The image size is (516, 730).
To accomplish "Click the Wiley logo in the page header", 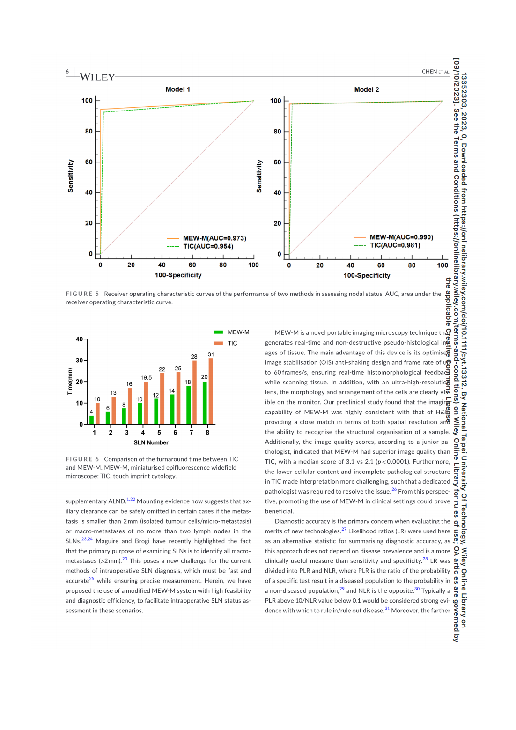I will pos(97,77).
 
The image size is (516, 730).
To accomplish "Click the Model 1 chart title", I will pos(177,89).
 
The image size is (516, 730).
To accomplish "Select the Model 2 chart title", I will pos(367,89).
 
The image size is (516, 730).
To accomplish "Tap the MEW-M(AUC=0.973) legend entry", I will pos(214,238).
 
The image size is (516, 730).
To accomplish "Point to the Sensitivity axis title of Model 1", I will pos(71,176).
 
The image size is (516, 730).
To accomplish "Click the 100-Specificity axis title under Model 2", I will pos(367,275).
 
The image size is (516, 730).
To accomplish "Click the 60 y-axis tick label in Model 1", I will pos(88,162).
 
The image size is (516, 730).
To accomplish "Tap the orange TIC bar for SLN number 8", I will pos(211,391).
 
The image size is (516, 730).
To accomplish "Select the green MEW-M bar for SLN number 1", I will pos(92,420).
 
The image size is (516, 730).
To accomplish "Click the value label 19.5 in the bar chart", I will pos(146,377).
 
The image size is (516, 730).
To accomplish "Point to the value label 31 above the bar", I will pos(211,354).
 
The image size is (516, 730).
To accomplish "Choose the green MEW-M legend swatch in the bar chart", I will pos(218,332).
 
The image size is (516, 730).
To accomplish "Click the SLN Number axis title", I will pos(151,442).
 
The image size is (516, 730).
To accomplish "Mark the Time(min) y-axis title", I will pos(70,381).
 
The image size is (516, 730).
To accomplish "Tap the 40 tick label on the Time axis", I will pos(79,339).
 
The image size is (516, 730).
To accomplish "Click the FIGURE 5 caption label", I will pos(82,294).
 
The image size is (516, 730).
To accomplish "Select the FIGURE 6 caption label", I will pos(82,459).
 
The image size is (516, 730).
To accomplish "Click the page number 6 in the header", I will pos(67,72).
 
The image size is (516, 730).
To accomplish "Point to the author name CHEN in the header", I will pos(429,72).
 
